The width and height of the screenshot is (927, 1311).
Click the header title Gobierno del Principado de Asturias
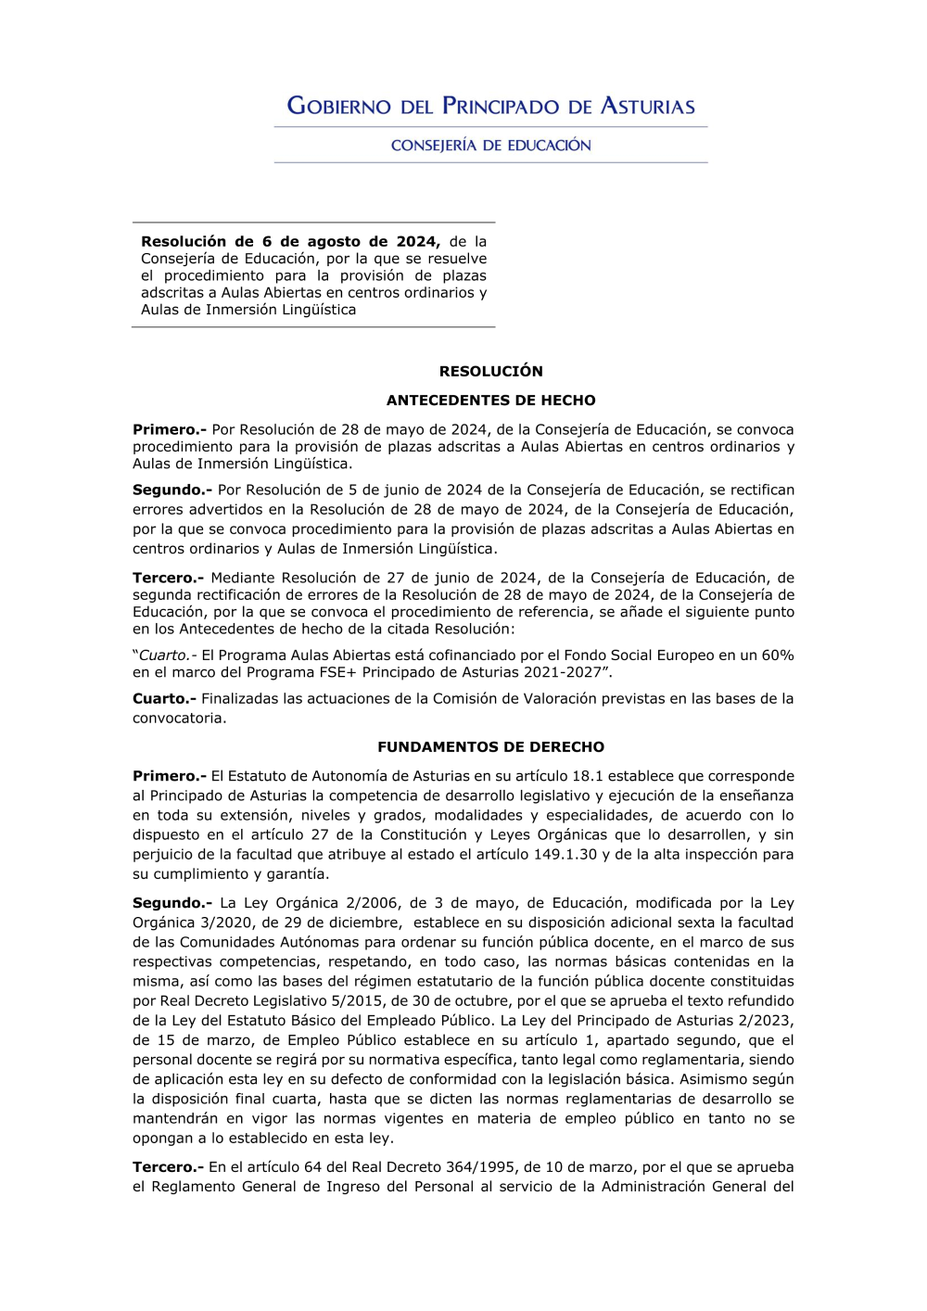pyautogui.click(x=490, y=106)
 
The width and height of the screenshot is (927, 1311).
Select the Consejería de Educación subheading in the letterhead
pyautogui.click(x=490, y=146)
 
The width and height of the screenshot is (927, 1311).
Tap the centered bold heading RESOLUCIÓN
pyautogui.click(x=490, y=371)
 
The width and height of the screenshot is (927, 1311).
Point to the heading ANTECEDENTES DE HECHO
pyautogui.click(x=490, y=401)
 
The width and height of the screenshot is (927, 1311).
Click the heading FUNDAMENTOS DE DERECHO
pyautogui.click(x=490, y=747)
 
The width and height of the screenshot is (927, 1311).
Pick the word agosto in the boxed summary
pyautogui.click(x=337, y=242)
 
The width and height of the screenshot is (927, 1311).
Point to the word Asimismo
pyautogui.click(x=717, y=1079)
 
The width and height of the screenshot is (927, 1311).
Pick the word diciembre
pyautogui.click(x=364, y=923)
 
